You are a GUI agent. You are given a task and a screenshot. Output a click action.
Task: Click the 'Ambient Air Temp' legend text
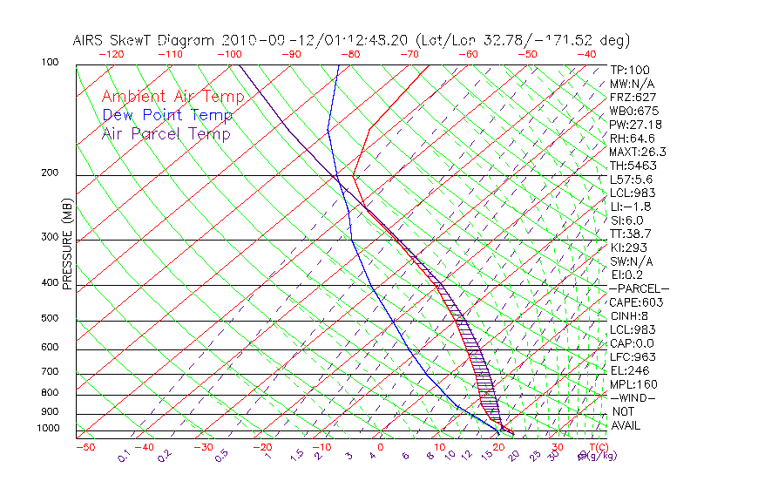(173, 97)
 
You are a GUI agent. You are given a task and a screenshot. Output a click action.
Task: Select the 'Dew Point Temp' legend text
(167, 115)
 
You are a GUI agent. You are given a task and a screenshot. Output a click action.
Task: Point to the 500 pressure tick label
(50, 318)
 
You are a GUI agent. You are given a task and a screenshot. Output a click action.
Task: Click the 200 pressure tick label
(50, 173)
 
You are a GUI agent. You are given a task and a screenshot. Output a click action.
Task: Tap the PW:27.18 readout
(633, 125)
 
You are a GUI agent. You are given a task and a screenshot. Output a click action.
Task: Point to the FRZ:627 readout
(633, 97)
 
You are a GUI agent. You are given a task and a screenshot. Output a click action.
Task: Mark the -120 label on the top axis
(111, 54)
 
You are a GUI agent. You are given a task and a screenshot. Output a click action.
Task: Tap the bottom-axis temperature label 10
(440, 447)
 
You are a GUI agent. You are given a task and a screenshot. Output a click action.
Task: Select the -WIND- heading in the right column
(633, 397)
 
